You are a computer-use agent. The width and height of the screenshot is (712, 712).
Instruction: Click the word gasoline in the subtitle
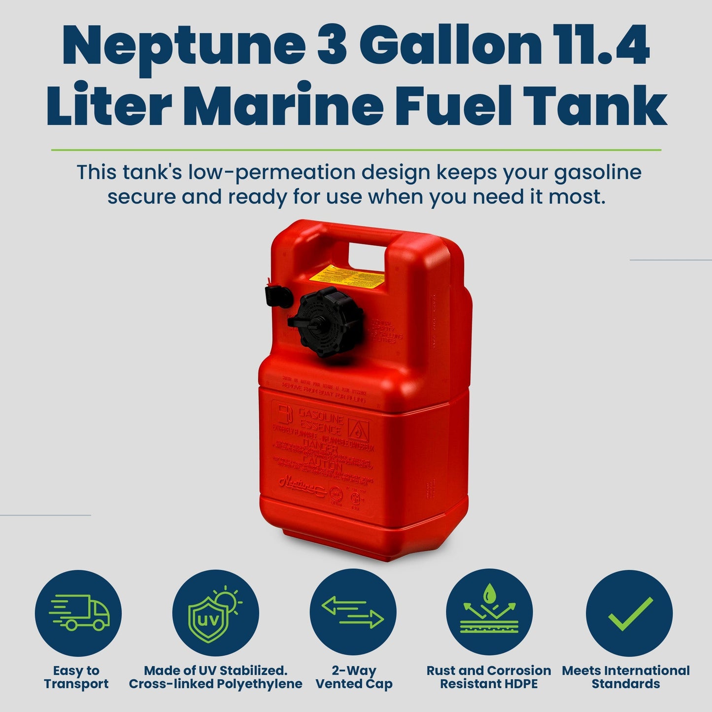click(x=598, y=173)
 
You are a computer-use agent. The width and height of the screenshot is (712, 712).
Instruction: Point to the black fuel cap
click(x=328, y=323)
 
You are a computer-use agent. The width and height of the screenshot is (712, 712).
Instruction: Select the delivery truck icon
click(x=79, y=612)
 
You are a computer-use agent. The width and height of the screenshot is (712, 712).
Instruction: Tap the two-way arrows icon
click(x=353, y=612)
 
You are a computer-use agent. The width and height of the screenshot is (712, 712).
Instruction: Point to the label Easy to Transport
click(x=76, y=677)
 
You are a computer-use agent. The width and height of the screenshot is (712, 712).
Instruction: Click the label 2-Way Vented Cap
click(x=354, y=677)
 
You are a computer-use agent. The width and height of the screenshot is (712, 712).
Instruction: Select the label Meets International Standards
click(x=626, y=677)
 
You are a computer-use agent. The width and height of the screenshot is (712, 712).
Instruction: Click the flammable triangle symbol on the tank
click(x=358, y=429)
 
